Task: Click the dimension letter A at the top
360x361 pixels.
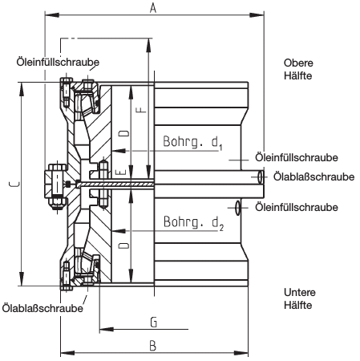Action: [153, 8]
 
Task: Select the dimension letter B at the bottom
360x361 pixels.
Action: [152, 346]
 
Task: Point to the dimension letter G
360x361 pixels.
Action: [154, 322]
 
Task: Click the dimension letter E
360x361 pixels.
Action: [120, 172]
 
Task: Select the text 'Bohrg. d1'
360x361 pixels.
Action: [192, 142]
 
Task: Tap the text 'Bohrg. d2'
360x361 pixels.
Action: [193, 222]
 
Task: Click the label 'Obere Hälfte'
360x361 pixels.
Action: [298, 69]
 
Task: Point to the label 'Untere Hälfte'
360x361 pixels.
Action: [300, 298]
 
